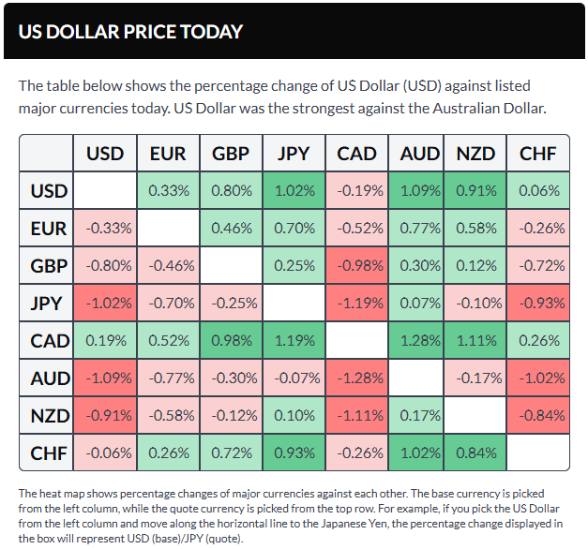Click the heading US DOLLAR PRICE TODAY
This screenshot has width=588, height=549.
[x=130, y=31]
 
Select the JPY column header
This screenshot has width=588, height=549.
[x=294, y=154]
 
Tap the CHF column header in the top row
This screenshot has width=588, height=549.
[x=537, y=154]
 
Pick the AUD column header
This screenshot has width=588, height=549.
[x=419, y=154]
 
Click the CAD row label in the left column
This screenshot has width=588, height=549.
[x=48, y=340]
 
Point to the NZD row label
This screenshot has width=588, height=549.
[x=48, y=415]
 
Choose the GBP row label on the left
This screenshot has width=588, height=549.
[x=48, y=266]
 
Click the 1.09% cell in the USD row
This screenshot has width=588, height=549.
[x=419, y=191]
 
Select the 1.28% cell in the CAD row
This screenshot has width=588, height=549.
[x=419, y=340]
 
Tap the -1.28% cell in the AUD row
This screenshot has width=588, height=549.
[x=356, y=378]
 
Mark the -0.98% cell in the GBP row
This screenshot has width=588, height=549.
[x=356, y=266]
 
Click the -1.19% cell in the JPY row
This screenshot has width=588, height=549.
[x=356, y=304]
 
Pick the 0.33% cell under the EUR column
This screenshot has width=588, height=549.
[x=169, y=191]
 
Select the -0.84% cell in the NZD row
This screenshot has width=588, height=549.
[x=537, y=415]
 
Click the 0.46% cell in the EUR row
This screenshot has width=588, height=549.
[x=232, y=229]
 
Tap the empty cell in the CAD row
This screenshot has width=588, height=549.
[x=356, y=340]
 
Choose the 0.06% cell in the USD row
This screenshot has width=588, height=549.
[x=537, y=191]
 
